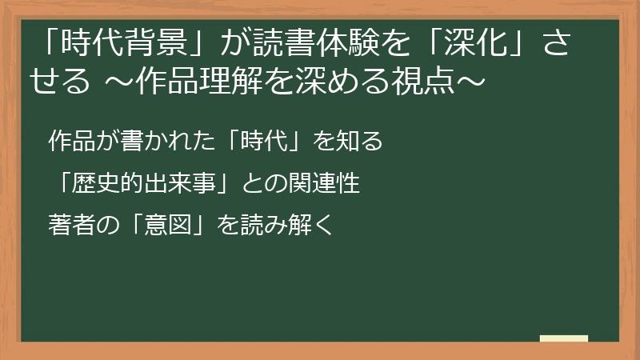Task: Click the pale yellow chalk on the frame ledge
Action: pos(564,338)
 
